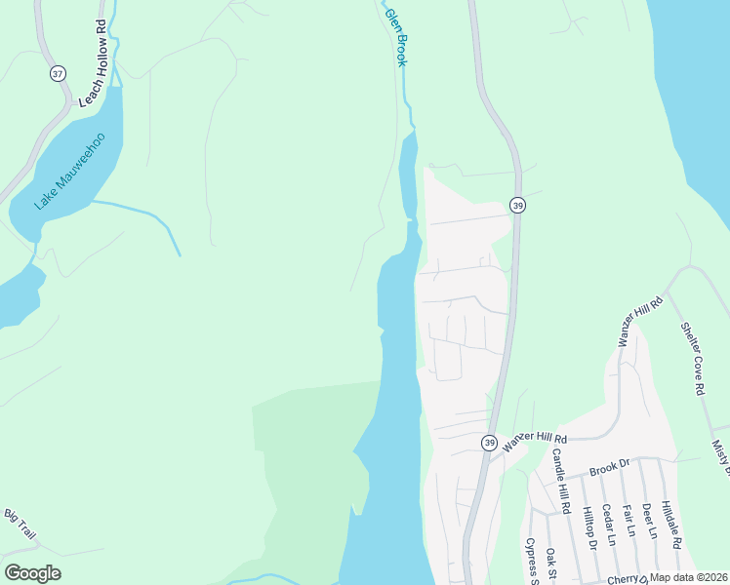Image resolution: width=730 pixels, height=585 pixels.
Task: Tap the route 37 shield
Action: [59, 74]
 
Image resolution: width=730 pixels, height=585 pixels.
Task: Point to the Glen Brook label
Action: [395, 37]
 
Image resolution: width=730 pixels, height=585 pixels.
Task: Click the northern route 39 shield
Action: [517, 205]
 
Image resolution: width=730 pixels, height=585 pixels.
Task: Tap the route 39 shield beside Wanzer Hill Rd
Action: [488, 443]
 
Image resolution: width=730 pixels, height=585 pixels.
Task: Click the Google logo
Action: [32, 573]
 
